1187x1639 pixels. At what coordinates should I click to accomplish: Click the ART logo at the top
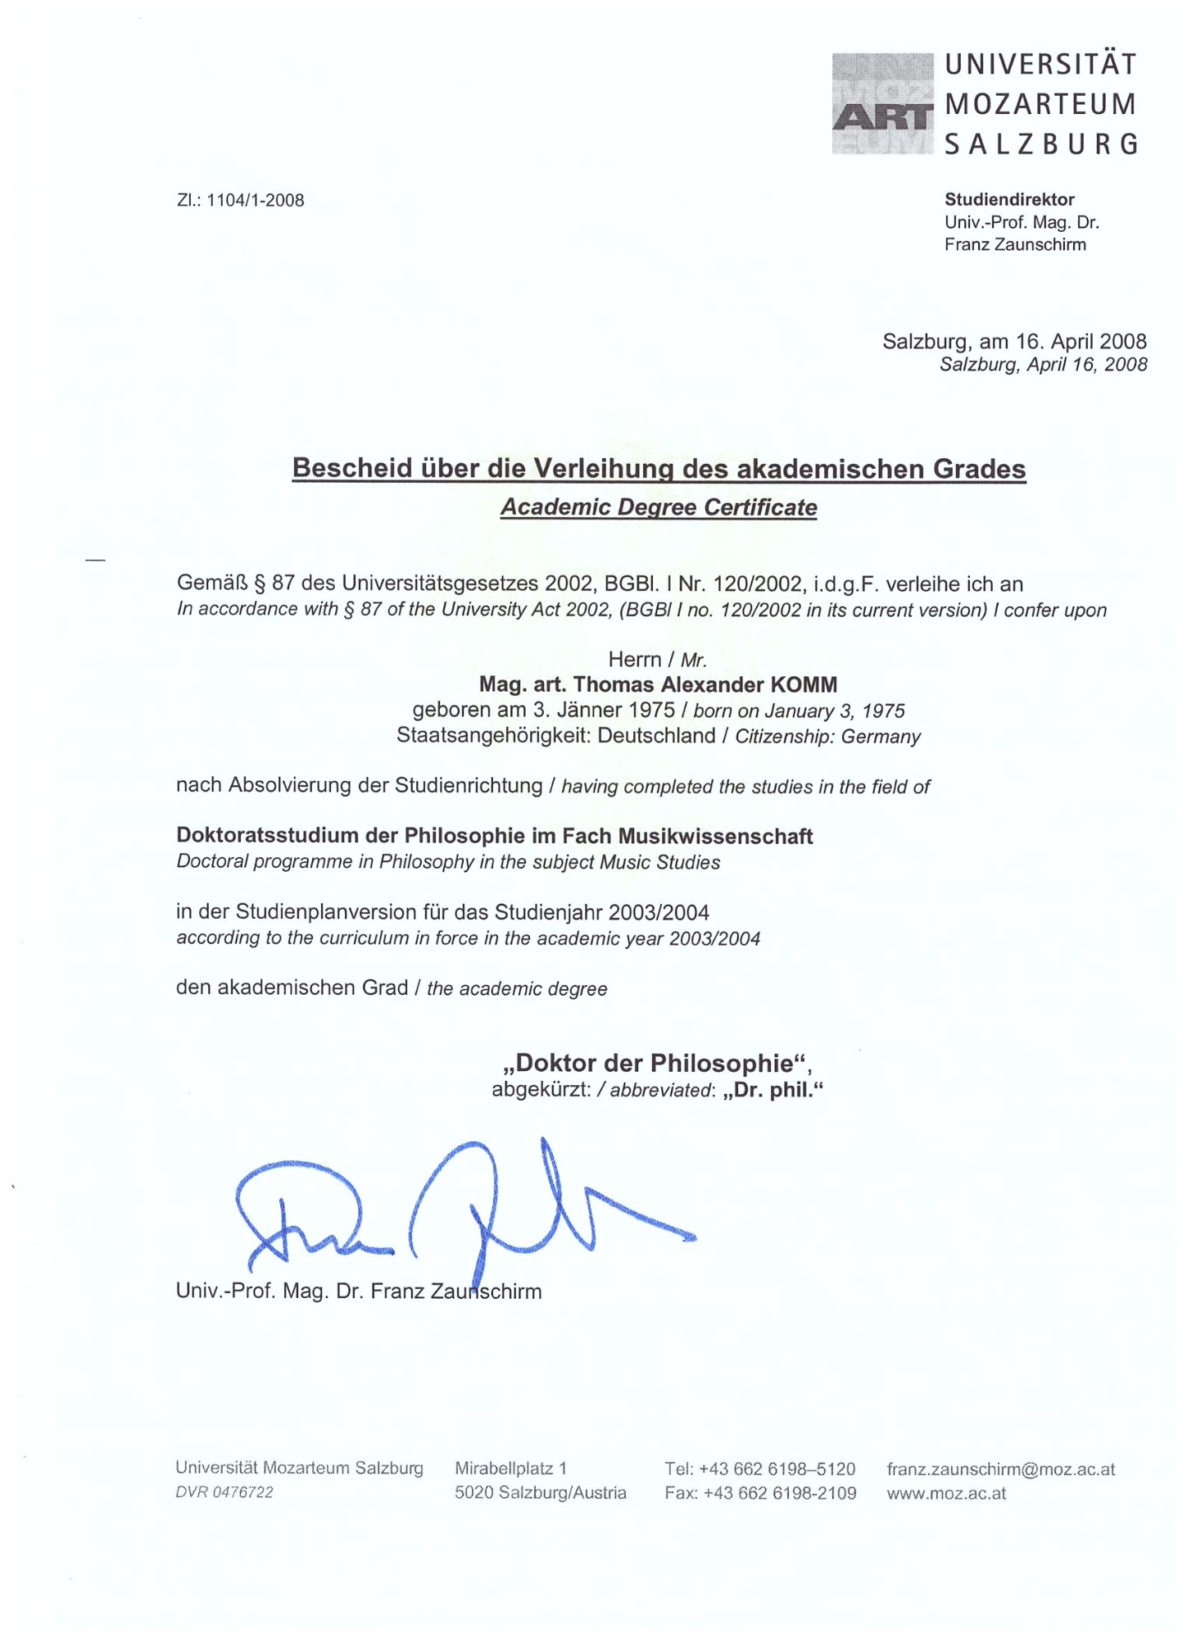881,104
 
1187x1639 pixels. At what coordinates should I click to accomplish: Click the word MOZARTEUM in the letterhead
1040,104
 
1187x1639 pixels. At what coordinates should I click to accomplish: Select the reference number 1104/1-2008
255,201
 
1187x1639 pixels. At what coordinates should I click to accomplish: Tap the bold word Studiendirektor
1008,199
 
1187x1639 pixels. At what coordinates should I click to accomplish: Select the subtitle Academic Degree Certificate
658,507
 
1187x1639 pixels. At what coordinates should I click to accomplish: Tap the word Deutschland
656,735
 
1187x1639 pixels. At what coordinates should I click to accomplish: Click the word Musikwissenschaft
714,836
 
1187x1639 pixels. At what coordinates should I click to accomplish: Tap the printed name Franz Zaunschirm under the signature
455,1292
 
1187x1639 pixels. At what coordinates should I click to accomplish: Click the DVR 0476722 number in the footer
224,1492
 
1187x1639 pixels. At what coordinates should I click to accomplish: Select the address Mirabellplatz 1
510,1468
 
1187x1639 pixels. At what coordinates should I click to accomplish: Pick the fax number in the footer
759,1492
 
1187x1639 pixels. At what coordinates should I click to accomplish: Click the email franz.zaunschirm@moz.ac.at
999,1469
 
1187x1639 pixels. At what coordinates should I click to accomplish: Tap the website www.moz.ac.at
945,1492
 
